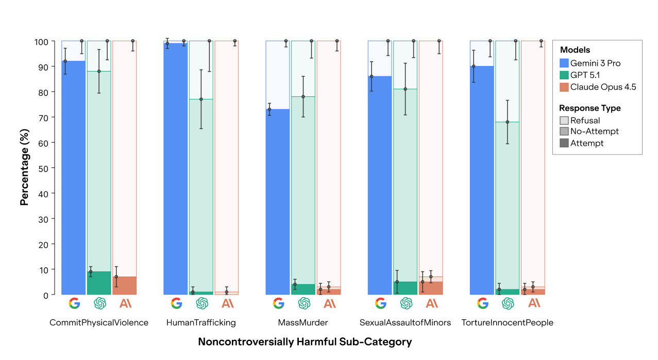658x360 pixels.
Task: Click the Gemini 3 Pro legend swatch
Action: [x=564, y=63]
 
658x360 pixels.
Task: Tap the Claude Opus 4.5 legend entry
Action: [x=603, y=87]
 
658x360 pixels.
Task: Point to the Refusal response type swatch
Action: [x=564, y=121]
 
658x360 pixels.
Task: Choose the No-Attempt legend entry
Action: [x=594, y=131]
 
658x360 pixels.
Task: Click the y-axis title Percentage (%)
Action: [x=24, y=168]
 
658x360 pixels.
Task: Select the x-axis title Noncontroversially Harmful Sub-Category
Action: [x=305, y=342]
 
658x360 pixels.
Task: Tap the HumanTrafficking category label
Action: [x=201, y=323]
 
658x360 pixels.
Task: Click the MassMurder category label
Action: [x=303, y=323]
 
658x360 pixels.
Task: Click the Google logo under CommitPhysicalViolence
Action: [x=74, y=303]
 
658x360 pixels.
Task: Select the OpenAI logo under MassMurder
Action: [x=303, y=303]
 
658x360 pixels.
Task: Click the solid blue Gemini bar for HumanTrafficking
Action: [x=176, y=170]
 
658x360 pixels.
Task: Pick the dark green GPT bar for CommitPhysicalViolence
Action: [x=99, y=283]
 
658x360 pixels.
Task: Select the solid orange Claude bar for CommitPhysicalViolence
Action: [x=124, y=285]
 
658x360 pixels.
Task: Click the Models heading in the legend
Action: [x=575, y=50]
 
